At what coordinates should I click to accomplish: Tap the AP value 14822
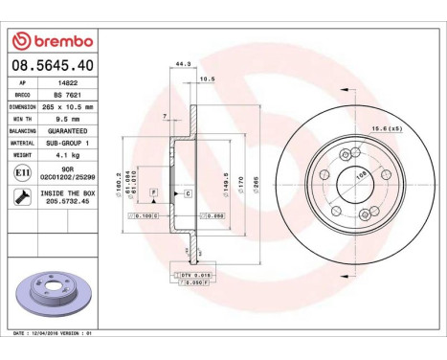[x=63, y=84]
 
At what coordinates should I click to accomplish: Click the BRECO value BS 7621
[x=63, y=96]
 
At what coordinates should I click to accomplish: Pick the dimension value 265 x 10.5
[x=67, y=106]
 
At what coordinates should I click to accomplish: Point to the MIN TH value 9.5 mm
[x=63, y=118]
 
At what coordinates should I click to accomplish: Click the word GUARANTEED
[x=67, y=129]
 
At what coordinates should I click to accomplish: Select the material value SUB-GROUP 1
[x=67, y=141]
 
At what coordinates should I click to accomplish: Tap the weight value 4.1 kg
[x=63, y=152]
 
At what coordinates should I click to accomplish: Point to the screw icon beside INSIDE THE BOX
[x=21, y=196]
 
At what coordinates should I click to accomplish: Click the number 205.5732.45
[x=67, y=202]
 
